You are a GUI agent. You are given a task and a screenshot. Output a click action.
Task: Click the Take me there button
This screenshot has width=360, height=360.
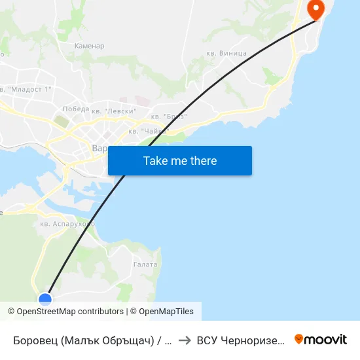point(180,161)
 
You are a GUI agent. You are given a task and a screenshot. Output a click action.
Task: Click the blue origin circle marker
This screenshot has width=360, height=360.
point(45,300)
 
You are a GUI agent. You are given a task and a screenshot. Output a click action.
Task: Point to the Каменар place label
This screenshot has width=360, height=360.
point(89,46)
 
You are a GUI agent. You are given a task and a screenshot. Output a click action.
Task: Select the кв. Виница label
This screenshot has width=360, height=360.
point(226,53)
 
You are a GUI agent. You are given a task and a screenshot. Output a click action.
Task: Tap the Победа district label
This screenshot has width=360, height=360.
point(75,109)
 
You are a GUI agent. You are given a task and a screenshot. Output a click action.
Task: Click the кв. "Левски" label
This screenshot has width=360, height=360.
point(114,111)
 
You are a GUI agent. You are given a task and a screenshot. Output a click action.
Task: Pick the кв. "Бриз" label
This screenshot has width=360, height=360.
point(169,117)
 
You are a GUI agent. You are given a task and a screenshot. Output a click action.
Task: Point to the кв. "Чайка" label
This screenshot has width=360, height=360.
point(148,131)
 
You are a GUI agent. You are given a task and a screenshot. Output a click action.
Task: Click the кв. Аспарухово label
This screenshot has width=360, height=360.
point(67,224)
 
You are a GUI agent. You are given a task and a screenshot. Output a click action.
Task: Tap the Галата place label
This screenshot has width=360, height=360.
point(145,264)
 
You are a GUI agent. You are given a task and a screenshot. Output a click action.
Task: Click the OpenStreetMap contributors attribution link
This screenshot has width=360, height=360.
point(70,312)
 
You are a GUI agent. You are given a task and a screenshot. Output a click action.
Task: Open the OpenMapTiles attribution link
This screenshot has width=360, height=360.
point(166,312)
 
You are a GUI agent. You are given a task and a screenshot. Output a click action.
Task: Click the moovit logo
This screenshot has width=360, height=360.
point(321,339)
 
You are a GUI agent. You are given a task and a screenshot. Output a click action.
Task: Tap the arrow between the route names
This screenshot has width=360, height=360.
point(185,340)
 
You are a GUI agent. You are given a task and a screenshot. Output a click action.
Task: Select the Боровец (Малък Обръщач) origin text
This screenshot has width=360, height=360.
point(92,340)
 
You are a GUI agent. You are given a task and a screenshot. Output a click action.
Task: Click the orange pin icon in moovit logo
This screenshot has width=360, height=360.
point(299,339)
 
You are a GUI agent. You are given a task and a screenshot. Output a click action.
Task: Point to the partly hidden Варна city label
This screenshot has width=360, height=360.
point(99,149)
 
